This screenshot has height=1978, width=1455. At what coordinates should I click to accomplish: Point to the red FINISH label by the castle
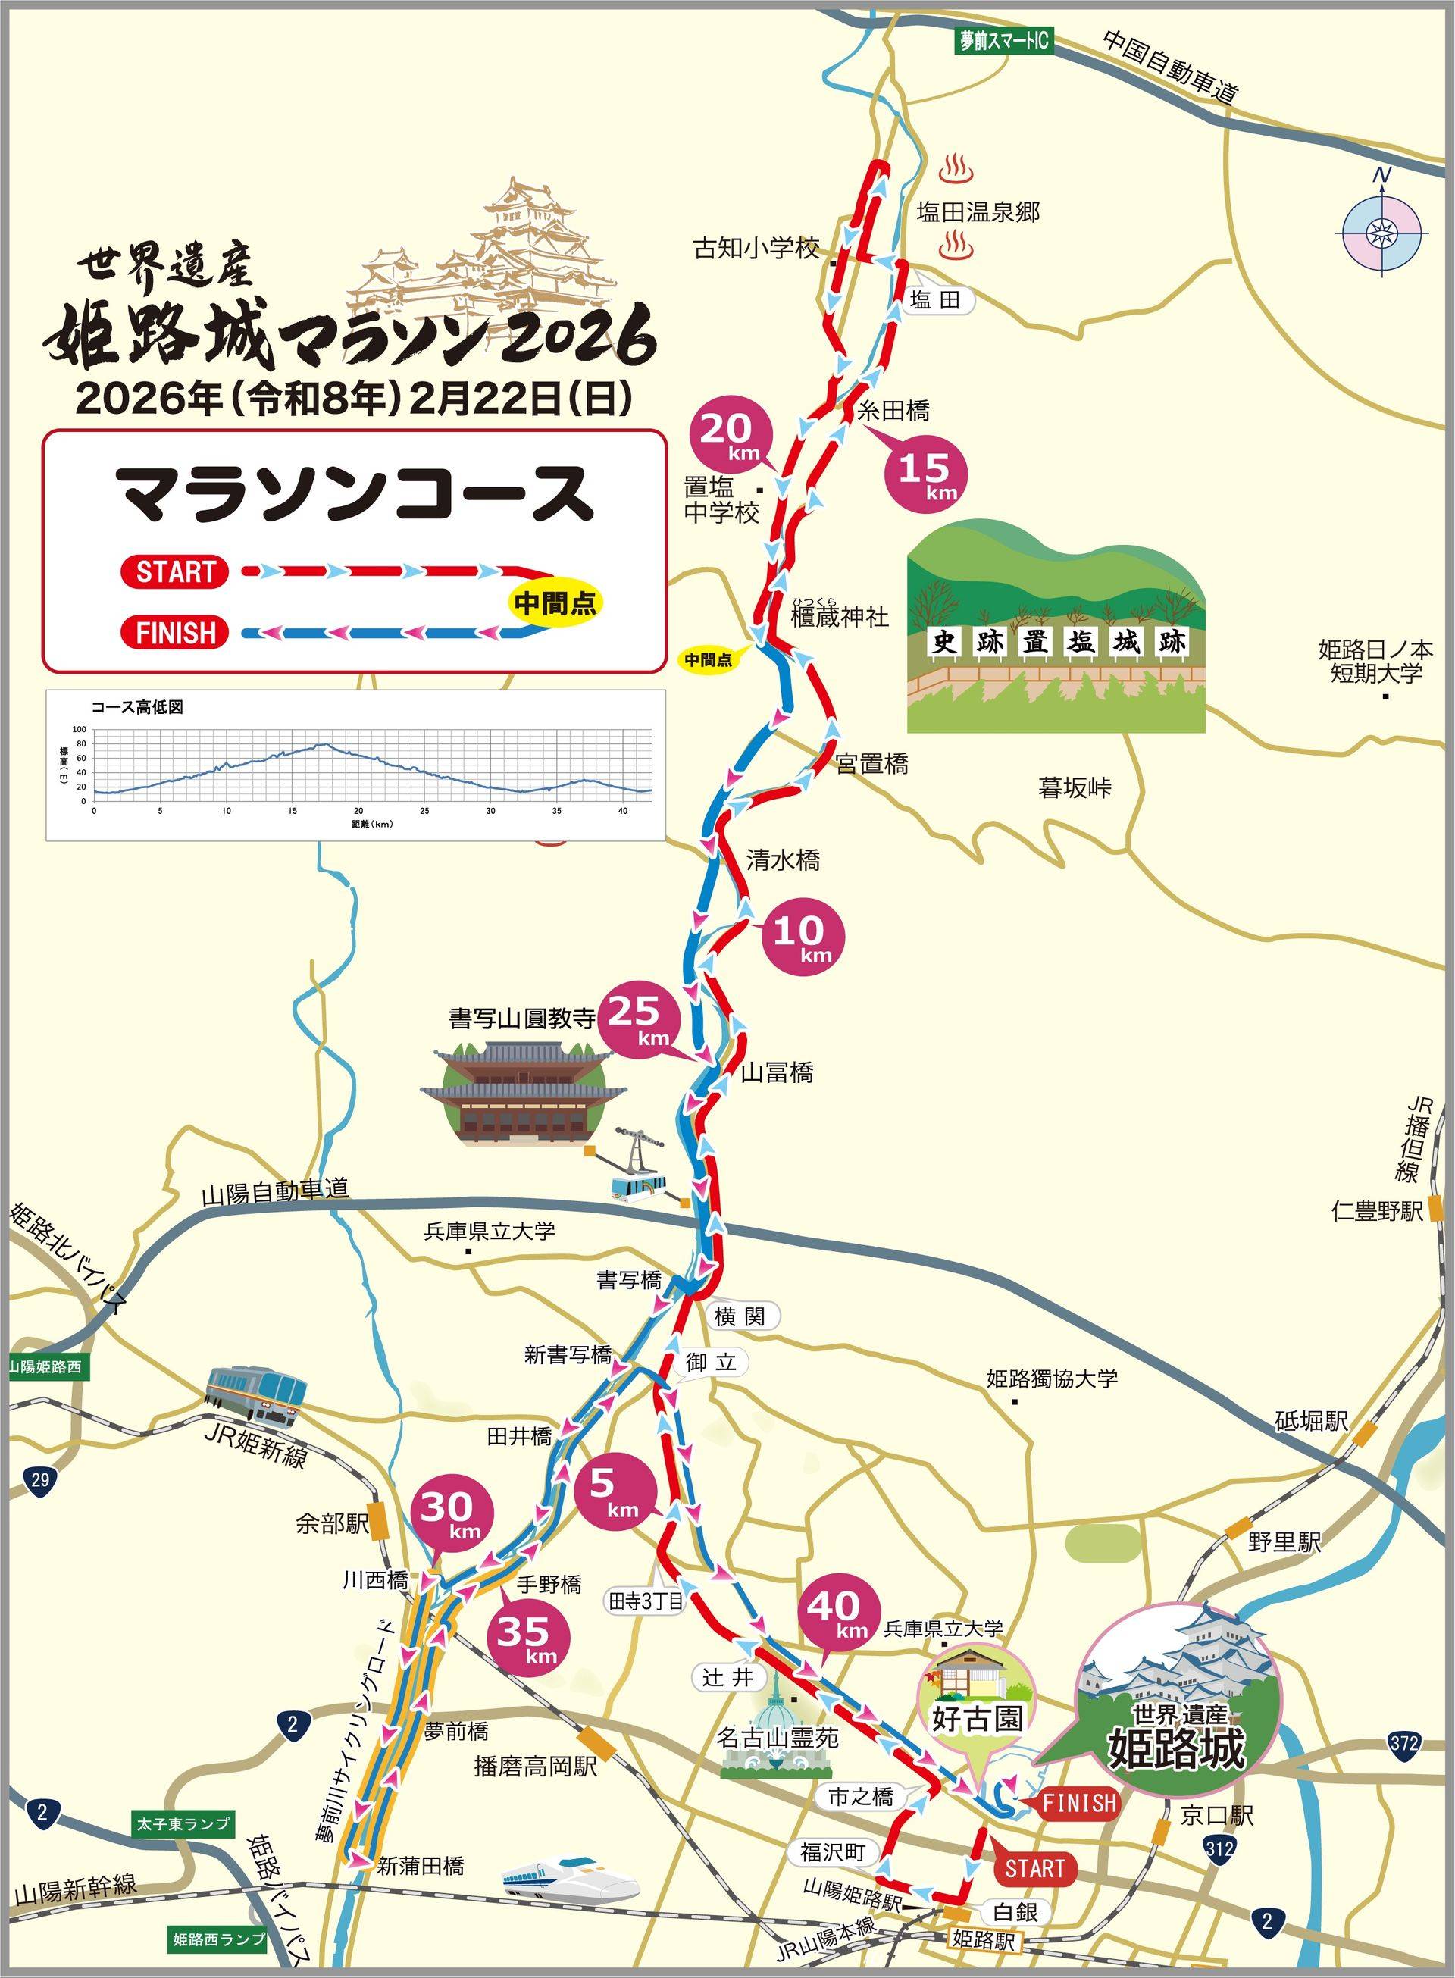coord(1079,1804)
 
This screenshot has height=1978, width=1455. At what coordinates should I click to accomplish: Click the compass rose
coord(1379,233)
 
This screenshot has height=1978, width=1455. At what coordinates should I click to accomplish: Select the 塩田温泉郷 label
coord(978,212)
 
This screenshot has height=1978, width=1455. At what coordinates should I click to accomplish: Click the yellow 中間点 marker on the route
coord(709,659)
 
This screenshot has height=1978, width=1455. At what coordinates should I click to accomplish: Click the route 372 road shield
coord(1405,1741)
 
